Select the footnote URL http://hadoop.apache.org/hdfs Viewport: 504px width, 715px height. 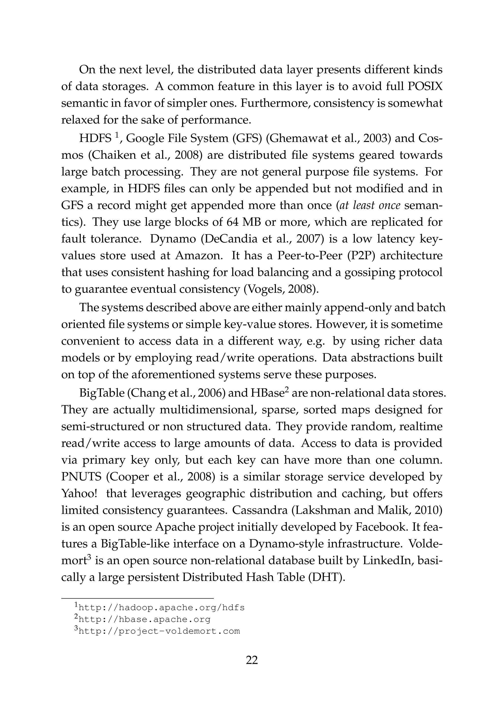[x=161, y=607]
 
